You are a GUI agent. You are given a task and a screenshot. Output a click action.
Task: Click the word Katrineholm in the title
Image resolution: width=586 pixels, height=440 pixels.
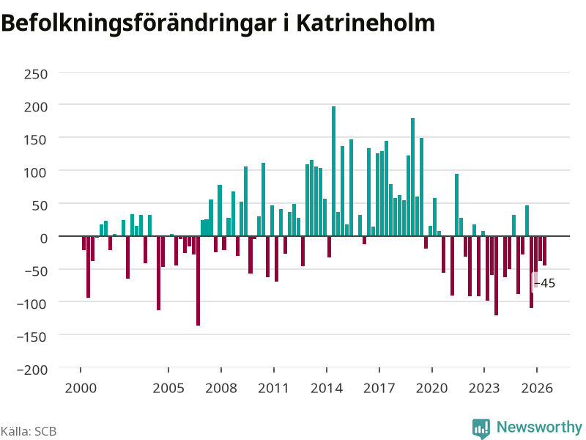coord(366,23)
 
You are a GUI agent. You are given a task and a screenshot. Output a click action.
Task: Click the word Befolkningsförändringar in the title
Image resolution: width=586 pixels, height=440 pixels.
coord(139,24)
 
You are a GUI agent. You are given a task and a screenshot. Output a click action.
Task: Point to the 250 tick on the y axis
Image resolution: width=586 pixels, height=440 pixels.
coord(36,74)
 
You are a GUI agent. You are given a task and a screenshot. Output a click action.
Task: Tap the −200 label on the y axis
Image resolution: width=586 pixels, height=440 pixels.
coord(32,370)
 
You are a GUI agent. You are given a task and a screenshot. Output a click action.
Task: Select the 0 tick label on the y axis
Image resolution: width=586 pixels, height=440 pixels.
coord(44,238)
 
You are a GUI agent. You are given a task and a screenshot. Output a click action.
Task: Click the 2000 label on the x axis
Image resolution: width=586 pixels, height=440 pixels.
coord(81,388)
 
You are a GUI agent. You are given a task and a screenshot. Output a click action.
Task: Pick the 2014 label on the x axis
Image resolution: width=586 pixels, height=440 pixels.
coord(327,388)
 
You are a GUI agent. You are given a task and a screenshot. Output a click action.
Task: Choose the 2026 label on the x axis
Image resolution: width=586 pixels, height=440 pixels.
coord(537,388)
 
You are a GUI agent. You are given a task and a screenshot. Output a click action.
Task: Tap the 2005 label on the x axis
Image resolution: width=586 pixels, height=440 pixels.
coord(168,388)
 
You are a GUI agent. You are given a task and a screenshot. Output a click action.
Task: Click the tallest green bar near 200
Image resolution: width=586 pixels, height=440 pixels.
coord(334,172)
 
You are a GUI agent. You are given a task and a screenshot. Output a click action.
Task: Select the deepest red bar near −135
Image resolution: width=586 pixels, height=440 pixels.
coord(198,281)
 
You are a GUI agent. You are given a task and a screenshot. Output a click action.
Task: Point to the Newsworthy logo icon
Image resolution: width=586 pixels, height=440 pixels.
coord(481,428)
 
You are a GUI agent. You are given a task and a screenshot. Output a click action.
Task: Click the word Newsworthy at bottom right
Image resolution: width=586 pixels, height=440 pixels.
coord(539,427)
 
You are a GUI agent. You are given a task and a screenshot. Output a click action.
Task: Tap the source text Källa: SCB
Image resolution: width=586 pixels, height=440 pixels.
coord(29,431)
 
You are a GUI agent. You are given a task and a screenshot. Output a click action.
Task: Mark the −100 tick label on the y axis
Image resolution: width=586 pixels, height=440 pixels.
coord(32,304)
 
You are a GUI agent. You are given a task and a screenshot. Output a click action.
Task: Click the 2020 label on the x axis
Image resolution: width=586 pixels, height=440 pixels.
coord(431,388)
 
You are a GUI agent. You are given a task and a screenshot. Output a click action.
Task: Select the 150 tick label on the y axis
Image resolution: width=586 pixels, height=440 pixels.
coord(36,140)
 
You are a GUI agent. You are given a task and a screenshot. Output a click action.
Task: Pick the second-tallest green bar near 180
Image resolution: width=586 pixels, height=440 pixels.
coord(412,177)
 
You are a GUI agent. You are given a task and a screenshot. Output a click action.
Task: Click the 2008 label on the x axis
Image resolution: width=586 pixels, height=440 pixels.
coord(221,388)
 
